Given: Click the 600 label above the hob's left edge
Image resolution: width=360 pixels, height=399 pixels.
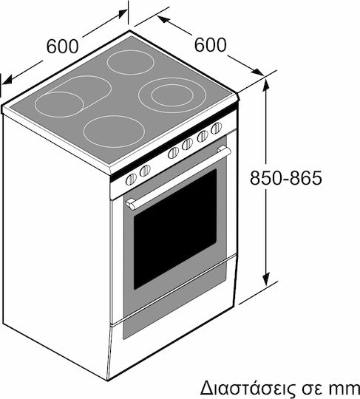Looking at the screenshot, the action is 62,46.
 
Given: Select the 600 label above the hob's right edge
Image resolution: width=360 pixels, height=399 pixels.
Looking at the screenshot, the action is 210,45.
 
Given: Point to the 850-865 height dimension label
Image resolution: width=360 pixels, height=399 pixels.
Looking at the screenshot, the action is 286,178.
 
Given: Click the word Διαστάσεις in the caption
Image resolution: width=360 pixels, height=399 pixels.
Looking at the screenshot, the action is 245,389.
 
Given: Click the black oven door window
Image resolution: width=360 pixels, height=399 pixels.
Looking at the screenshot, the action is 175,230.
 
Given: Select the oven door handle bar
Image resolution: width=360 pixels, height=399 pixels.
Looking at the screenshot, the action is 178,178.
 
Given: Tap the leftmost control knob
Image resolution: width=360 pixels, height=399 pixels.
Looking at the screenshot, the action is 131,180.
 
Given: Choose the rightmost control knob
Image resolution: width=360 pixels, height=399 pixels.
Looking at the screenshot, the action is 217,129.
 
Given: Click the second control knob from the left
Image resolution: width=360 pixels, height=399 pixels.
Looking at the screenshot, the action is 145,171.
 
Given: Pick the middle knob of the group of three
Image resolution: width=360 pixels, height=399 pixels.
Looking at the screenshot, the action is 187,144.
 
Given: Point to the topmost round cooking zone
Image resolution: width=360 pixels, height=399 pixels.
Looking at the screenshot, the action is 131,62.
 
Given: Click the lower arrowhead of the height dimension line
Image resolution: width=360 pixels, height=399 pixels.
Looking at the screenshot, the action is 266,278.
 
